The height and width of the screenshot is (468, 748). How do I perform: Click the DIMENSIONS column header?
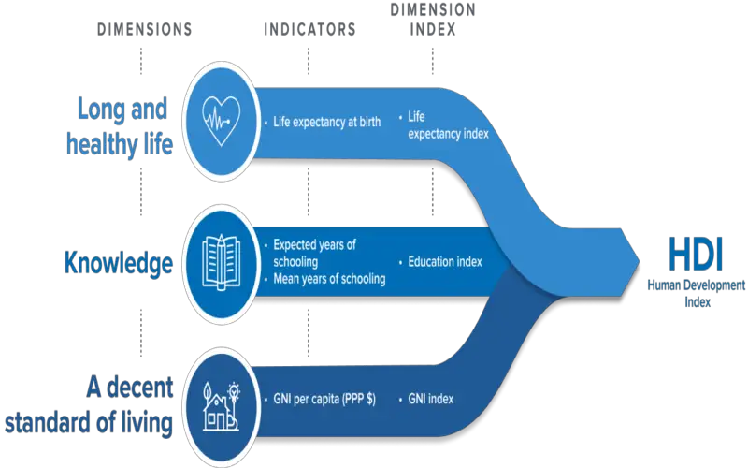145,30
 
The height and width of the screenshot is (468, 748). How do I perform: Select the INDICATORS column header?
309,30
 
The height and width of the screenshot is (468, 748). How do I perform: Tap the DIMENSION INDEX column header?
432,20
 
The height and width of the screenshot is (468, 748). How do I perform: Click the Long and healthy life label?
121,126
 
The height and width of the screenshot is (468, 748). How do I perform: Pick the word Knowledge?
118,263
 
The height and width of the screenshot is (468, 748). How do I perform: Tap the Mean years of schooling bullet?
328,278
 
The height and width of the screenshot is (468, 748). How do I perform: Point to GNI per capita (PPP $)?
324,399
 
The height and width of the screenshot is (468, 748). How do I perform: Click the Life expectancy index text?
447,125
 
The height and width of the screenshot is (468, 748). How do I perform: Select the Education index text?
445,262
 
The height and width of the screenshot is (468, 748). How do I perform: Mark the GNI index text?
430,399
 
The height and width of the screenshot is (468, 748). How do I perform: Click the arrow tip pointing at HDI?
638,256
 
